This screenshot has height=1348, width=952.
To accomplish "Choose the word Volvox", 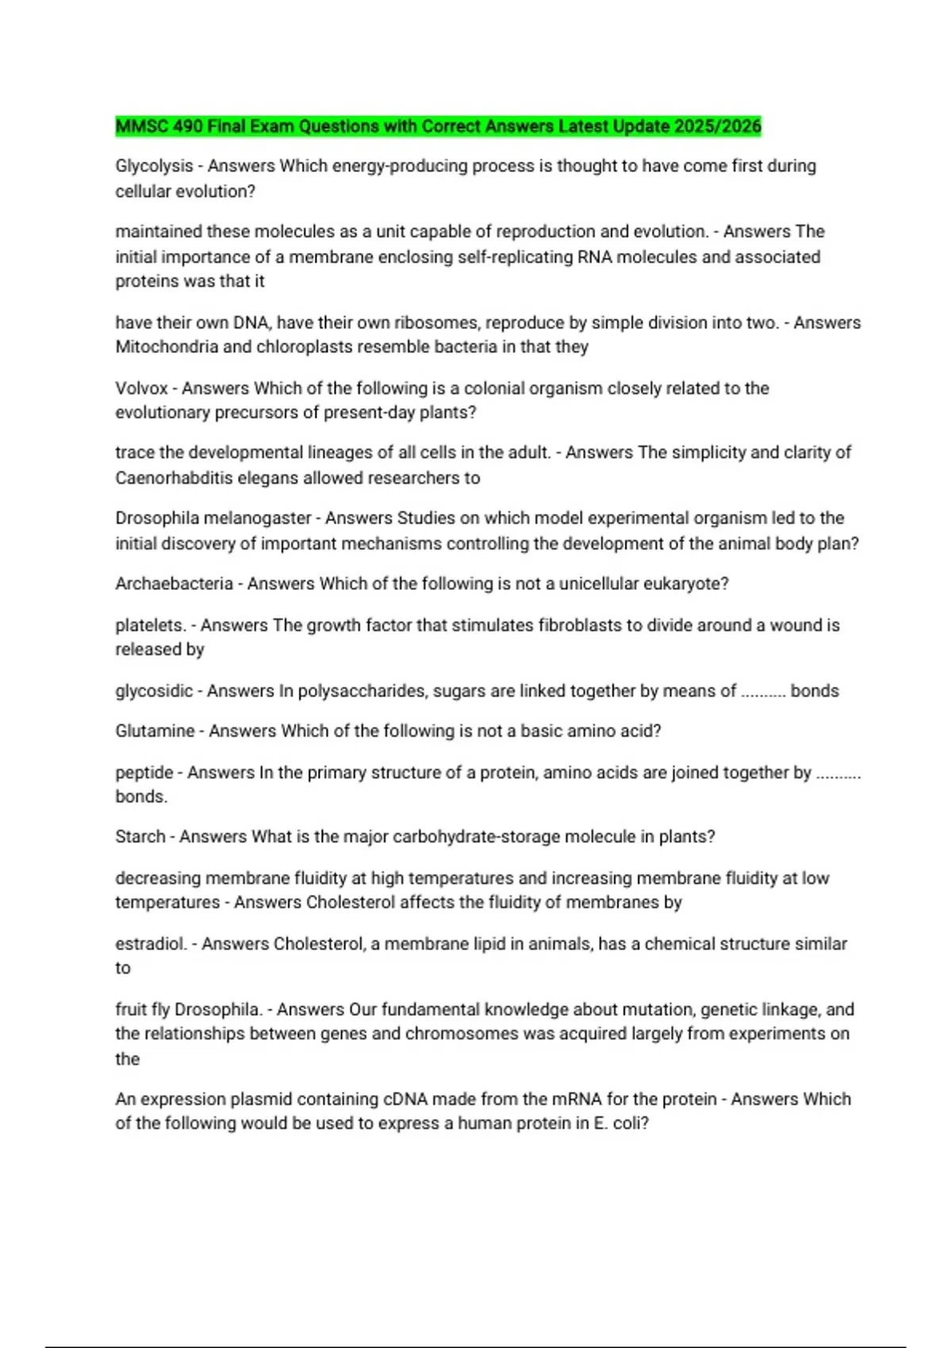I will [x=141, y=389].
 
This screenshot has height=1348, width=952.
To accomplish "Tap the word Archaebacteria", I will [x=174, y=584].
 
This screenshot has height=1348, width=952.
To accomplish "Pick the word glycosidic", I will [x=154, y=691].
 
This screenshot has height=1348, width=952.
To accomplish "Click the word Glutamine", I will [x=155, y=731].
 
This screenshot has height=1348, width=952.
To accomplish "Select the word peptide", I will [x=144, y=773].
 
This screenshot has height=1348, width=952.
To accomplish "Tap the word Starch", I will [x=140, y=837].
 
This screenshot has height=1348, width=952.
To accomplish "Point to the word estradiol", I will [x=151, y=944].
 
